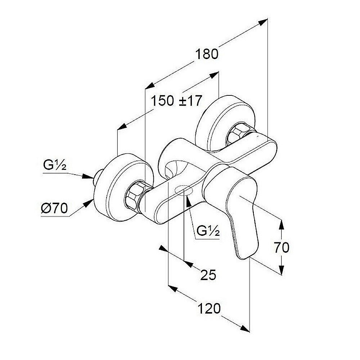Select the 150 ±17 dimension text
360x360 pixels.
pyautogui.click(x=176, y=100)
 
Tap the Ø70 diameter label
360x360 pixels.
pyautogui.click(x=54, y=208)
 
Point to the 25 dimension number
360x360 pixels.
pyautogui.click(x=208, y=275)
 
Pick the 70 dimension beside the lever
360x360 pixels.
pyautogui.click(x=281, y=248)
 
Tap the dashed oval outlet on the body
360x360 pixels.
pyautogui.click(x=183, y=190)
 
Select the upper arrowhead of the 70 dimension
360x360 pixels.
pyautogui.click(x=282, y=224)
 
